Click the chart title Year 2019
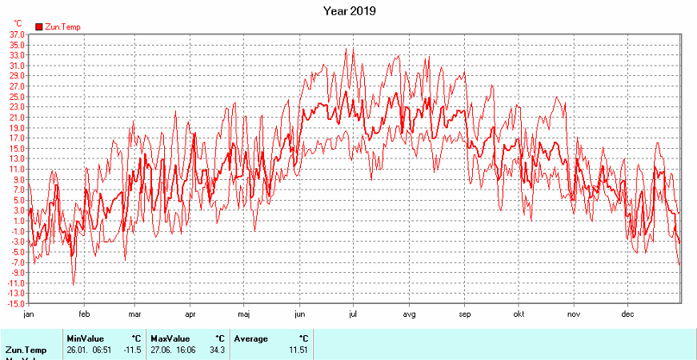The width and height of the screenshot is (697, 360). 349,11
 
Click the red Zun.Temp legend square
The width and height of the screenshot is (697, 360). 38,27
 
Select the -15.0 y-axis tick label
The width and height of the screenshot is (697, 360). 16,304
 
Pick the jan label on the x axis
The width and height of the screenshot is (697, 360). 29,314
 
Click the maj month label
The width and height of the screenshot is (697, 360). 245,314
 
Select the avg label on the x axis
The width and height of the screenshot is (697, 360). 408,314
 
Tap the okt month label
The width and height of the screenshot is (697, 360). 519,314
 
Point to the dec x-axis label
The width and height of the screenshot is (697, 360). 628,314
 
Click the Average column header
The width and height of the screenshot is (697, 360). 251,338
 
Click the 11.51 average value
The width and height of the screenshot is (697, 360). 298,350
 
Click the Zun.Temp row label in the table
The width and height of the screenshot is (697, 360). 26,350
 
